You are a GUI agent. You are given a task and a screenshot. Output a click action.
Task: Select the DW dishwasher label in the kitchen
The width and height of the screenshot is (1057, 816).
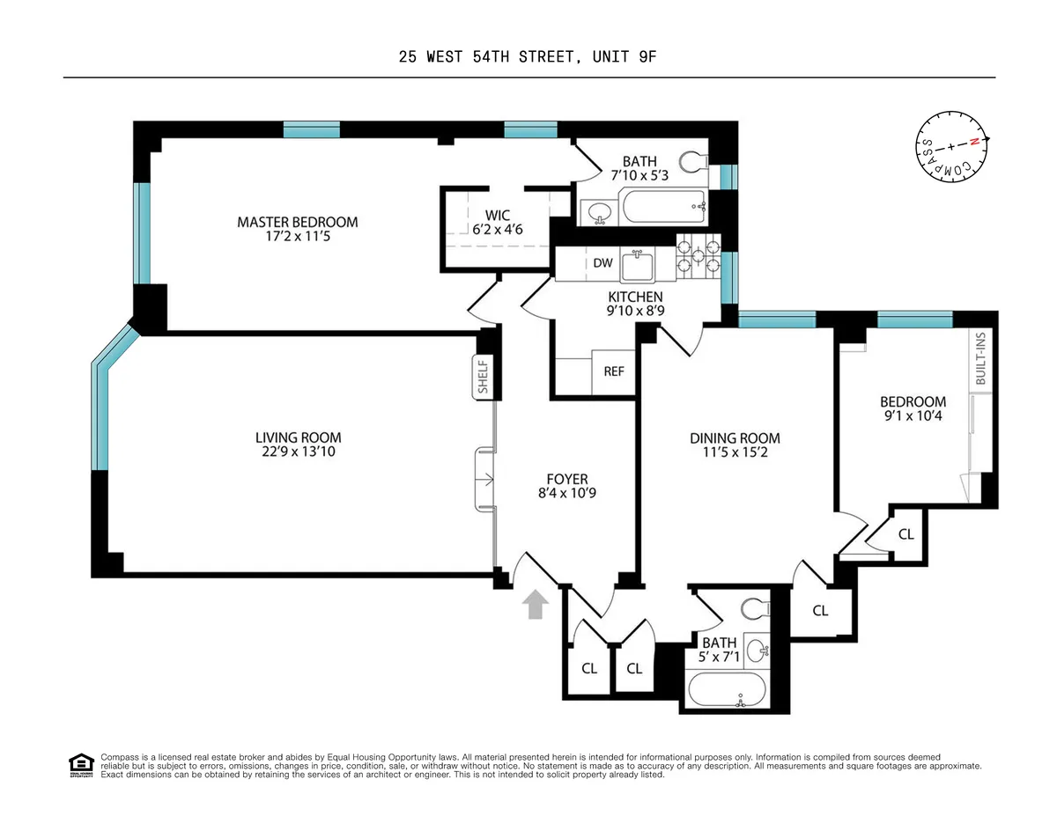(x=602, y=262)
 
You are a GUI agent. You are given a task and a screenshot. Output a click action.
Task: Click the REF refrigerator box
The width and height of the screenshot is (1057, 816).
(x=613, y=371)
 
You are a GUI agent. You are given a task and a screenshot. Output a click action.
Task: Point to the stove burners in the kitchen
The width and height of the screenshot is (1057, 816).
(x=698, y=255)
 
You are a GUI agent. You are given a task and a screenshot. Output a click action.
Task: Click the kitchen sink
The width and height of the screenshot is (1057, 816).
(x=636, y=262)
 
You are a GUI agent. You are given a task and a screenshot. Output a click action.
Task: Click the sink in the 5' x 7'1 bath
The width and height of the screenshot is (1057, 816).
(x=757, y=651)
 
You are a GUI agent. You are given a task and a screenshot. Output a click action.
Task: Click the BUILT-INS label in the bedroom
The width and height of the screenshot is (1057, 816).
(x=980, y=360)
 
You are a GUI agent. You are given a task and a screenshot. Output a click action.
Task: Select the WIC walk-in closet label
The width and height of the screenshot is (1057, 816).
(x=497, y=215)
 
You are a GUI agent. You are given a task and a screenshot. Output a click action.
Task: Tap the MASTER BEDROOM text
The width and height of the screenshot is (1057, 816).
(x=297, y=222)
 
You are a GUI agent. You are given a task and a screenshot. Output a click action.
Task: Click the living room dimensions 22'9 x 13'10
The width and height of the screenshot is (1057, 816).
(x=298, y=452)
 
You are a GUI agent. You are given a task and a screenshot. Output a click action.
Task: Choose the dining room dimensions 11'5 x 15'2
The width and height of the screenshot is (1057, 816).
(x=735, y=452)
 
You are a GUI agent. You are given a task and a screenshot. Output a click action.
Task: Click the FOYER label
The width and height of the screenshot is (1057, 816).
(x=567, y=479)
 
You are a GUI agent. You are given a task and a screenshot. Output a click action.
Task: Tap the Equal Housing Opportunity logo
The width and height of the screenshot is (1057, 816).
(x=80, y=766)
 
